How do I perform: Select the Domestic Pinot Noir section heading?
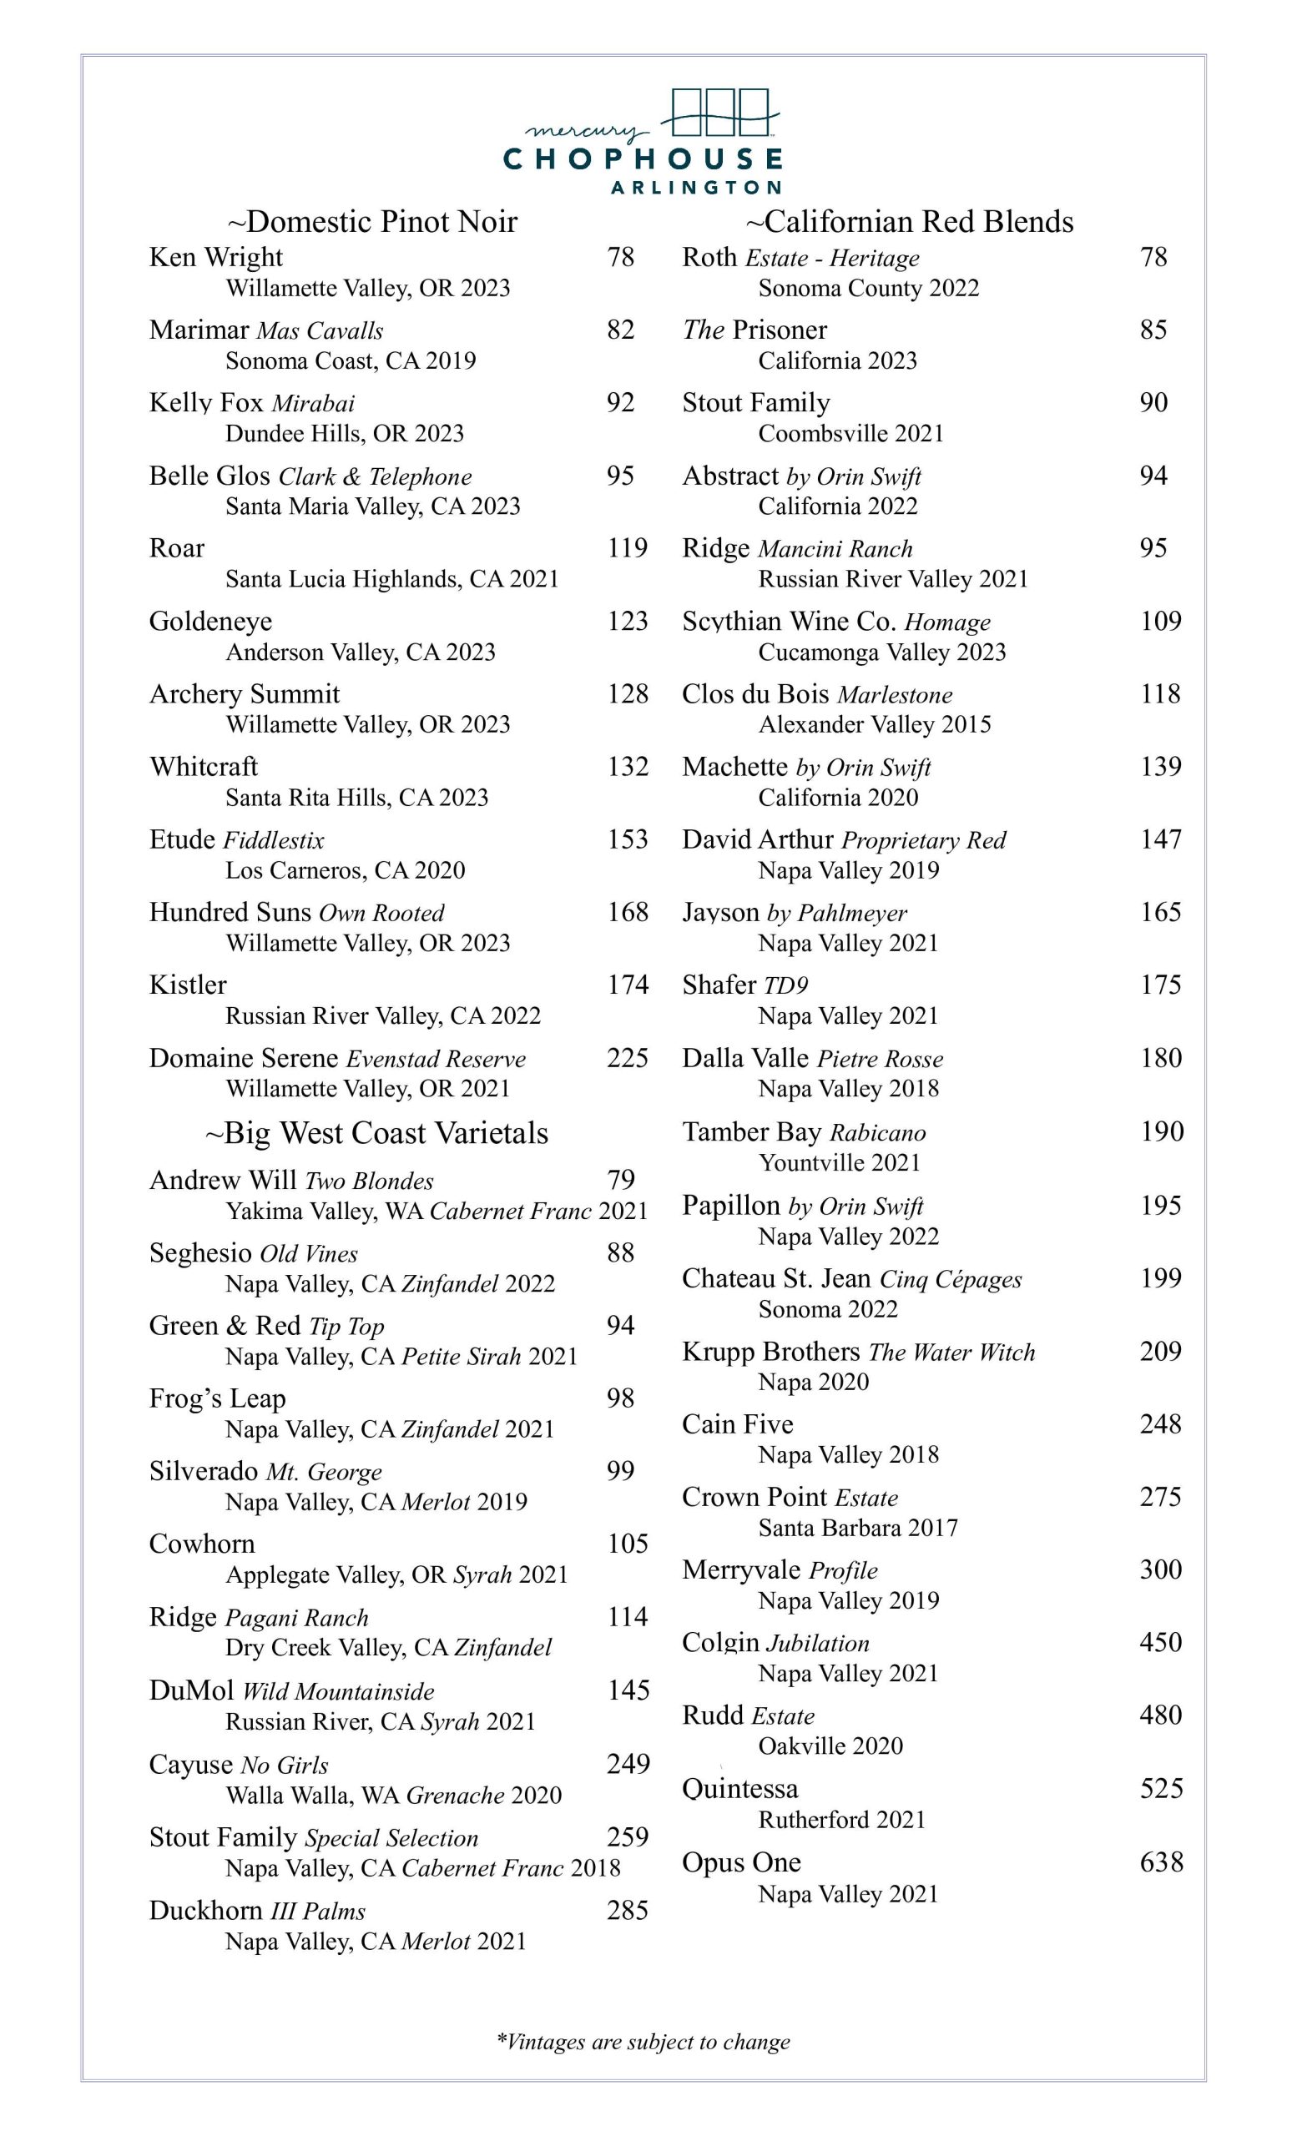pos(373,222)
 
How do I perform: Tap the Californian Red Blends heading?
pos(910,222)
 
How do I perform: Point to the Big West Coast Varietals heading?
pos(376,1133)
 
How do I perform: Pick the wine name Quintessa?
pos(739,1788)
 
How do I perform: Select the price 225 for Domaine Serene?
pos(627,1058)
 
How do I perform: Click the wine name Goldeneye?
pos(210,621)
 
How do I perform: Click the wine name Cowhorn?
pos(202,1544)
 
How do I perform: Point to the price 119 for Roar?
pos(627,548)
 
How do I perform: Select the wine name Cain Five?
pos(737,1424)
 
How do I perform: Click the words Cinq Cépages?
pos(950,1280)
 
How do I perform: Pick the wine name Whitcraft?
pos(204,766)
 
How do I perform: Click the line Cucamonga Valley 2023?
pos(881,652)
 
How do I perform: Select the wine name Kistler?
pos(187,985)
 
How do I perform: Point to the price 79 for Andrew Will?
pos(621,1179)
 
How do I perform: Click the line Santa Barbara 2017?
pos(857,1528)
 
